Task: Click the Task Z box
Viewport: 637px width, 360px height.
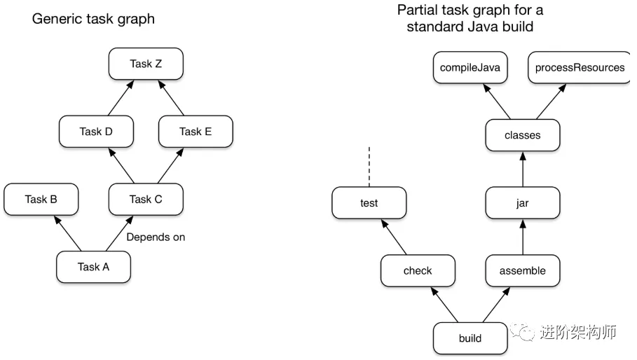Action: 146,64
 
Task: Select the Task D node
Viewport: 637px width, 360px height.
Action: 96,132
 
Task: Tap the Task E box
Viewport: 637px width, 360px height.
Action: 196,132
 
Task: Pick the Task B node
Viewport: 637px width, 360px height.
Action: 41,200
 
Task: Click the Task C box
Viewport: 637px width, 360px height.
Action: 146,200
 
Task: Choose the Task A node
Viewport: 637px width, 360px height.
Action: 93,267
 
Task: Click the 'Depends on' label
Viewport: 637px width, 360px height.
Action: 156,237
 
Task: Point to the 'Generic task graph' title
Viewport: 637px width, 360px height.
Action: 93,19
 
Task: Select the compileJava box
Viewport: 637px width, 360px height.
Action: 470,67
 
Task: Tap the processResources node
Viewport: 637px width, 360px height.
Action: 580,67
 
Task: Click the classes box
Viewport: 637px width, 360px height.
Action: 523,135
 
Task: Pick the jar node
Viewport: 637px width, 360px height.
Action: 523,203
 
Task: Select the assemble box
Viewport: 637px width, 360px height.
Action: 523,271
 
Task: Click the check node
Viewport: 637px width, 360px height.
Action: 418,271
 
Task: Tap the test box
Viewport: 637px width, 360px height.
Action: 369,203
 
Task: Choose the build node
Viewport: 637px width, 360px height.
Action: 470,338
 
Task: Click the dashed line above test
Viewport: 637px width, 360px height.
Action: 369,167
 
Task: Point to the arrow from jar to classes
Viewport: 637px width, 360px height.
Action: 523,169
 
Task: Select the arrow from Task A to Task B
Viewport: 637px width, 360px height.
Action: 67,233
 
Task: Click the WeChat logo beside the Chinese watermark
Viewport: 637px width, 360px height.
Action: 523,332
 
